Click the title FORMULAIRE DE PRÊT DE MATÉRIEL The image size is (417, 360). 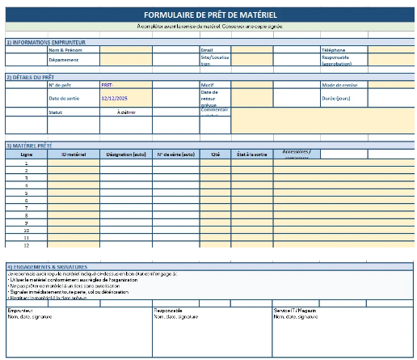[x=208, y=15]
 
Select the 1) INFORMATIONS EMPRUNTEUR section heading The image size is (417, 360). [x=45, y=42]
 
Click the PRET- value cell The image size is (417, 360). [x=107, y=84]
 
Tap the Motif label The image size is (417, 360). [x=207, y=84]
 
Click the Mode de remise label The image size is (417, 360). [x=339, y=84]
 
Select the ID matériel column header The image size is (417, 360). [x=74, y=154]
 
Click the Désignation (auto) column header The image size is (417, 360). [x=125, y=154]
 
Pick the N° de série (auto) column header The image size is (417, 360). [x=175, y=154]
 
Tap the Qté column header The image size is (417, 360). [x=215, y=154]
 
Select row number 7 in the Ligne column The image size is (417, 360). [x=26, y=209]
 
